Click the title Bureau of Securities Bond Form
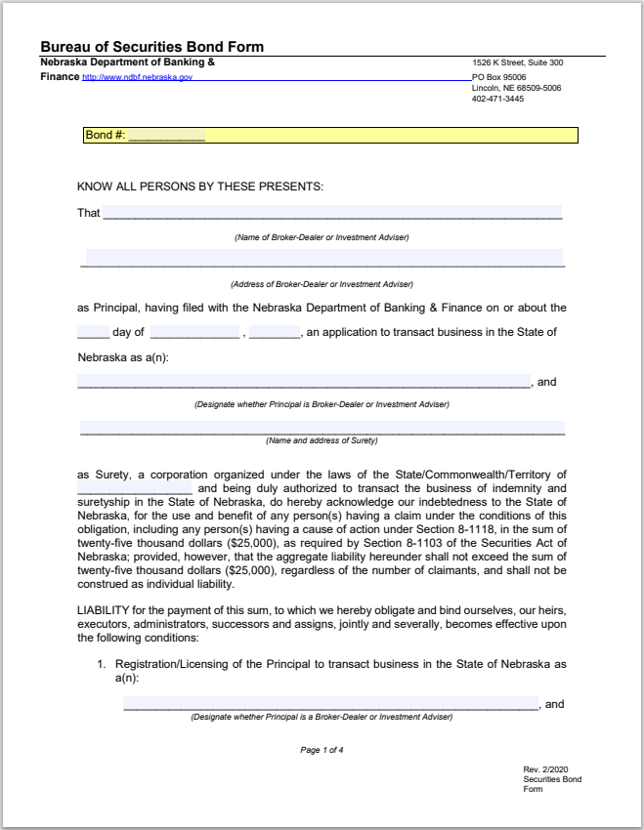tap(151, 47)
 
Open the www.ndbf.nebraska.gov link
tap(137, 77)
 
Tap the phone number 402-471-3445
tap(497, 99)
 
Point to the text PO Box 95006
tap(499, 76)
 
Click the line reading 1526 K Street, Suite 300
tap(517, 63)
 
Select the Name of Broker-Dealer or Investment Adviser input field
tap(332, 212)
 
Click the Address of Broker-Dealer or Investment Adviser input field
tap(324, 258)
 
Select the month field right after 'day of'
tap(194, 332)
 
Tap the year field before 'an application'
tap(275, 332)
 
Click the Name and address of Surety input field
tap(322, 428)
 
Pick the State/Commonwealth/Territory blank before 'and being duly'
tap(135, 488)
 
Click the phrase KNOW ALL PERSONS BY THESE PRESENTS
tap(200, 187)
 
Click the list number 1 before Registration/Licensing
tap(101, 664)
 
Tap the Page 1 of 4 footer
tap(322, 750)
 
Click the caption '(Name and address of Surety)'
tap(322, 441)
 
